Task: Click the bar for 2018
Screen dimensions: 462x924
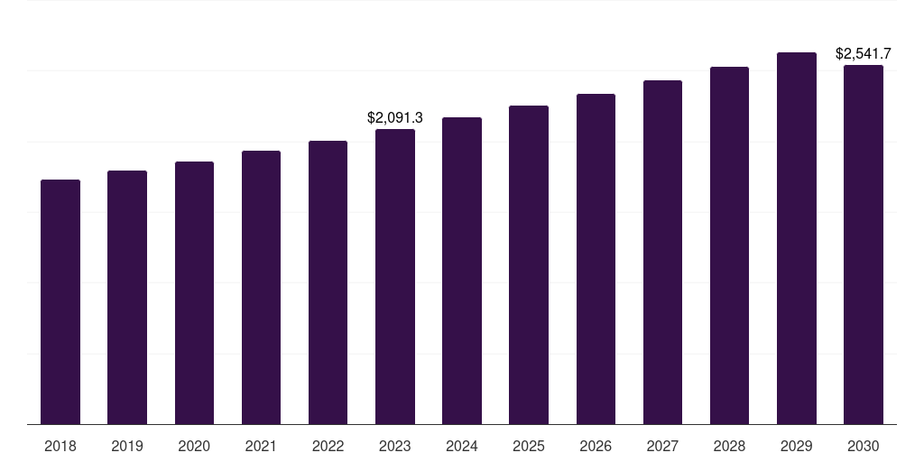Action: click(60, 302)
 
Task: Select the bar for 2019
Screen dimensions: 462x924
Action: click(127, 298)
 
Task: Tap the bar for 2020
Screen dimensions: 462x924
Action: click(194, 293)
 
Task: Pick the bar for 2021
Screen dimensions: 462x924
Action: click(261, 288)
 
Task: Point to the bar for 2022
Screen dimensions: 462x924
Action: click(328, 282)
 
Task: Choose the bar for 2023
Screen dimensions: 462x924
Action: click(395, 277)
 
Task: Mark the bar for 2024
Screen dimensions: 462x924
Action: click(462, 271)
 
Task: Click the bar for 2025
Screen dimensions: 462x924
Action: click(529, 265)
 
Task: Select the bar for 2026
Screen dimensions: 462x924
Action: click(596, 259)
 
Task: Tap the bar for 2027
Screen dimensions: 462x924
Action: click(662, 253)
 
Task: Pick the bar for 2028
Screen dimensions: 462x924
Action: click(729, 245)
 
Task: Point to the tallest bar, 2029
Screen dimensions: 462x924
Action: click(797, 238)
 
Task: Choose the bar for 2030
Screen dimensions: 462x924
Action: click(864, 245)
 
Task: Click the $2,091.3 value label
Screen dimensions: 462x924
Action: click(395, 117)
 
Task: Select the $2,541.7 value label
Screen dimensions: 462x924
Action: click(864, 53)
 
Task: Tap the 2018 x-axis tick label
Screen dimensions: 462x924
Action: click(60, 446)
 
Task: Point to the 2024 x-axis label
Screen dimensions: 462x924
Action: click(462, 446)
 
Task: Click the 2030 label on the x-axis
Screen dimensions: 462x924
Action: click(864, 446)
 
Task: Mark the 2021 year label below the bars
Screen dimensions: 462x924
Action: click(261, 446)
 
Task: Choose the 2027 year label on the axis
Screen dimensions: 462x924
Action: click(662, 446)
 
